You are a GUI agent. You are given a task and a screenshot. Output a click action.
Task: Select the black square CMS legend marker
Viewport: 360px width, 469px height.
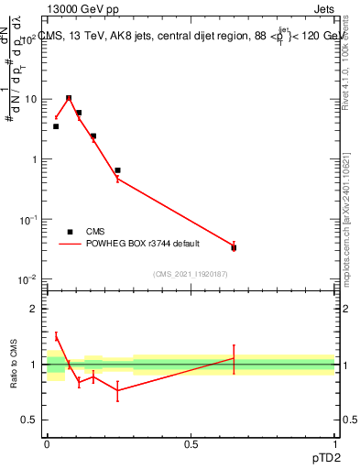pos(71,232)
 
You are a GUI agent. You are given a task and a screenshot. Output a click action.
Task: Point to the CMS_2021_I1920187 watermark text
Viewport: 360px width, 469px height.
pos(190,273)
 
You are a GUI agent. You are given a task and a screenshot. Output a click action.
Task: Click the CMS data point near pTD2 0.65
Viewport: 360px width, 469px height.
pos(234,247)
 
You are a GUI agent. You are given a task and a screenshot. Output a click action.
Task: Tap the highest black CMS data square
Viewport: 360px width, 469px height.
pos(69,98)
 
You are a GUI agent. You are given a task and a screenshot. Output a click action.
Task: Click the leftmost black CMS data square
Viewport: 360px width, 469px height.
pos(56,126)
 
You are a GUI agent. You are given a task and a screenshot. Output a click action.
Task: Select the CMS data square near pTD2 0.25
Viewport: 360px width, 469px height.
pos(117,170)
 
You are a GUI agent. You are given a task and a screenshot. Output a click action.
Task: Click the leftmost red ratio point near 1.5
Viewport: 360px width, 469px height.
pos(56,336)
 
